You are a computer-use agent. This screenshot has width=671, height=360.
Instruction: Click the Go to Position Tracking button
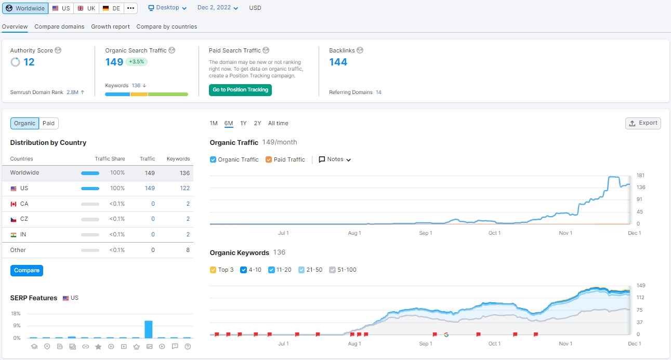tap(240, 90)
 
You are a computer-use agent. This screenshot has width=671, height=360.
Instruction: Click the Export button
tap(643, 123)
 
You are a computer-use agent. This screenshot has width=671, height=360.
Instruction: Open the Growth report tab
tap(110, 26)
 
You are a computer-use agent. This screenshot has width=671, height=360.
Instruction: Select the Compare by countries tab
tap(166, 26)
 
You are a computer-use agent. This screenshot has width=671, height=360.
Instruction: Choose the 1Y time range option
tap(243, 123)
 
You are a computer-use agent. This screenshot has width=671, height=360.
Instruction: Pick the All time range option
tap(278, 123)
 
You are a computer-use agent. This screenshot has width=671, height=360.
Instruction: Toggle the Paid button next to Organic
tap(48, 123)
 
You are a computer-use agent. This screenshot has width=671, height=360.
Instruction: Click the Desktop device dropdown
tap(167, 8)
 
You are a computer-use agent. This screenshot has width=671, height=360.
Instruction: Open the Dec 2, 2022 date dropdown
tap(217, 8)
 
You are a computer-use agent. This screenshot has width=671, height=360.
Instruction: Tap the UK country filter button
tap(86, 8)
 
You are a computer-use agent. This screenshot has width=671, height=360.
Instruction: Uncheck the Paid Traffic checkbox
tap(268, 159)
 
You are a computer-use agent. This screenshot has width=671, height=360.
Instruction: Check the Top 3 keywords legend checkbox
tap(213, 270)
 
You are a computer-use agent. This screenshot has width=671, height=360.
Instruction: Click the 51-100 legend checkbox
tap(332, 270)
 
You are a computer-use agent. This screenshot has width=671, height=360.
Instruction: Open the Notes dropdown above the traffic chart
tap(335, 159)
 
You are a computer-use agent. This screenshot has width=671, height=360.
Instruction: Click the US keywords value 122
tap(185, 188)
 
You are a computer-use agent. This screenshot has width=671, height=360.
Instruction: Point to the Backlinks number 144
tap(338, 62)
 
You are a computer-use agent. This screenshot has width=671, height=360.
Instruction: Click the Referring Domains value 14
tap(378, 92)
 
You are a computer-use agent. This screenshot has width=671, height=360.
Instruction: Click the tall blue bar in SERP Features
tap(149, 329)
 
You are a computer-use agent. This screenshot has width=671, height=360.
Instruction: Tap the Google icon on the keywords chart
tap(446, 335)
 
